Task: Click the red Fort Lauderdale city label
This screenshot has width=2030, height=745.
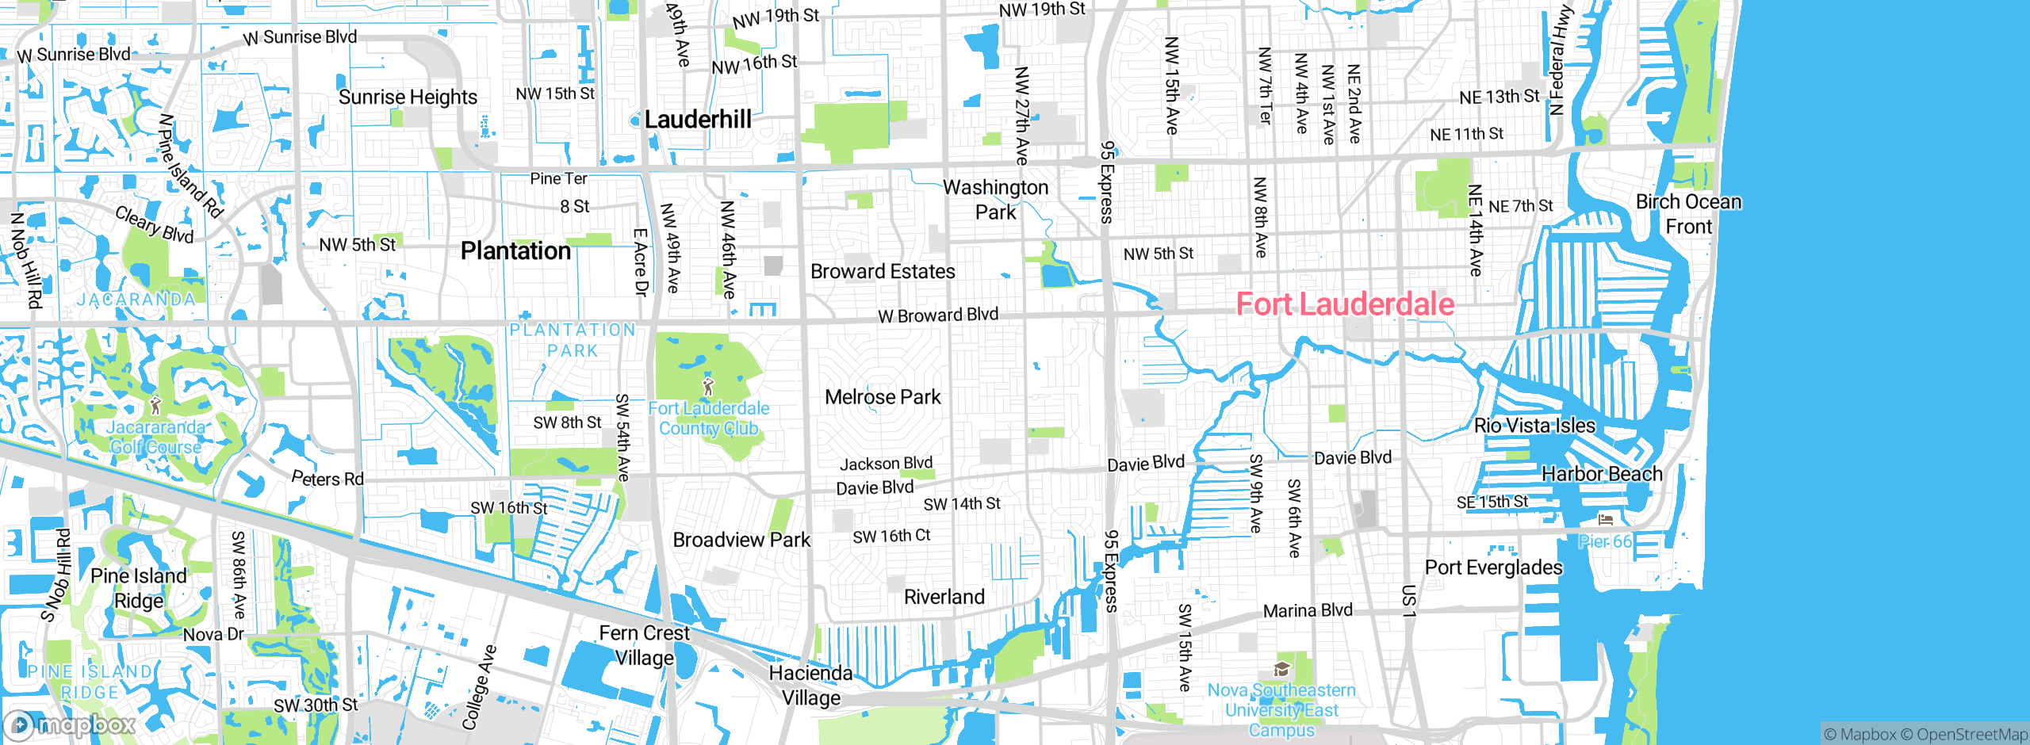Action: coord(1345,304)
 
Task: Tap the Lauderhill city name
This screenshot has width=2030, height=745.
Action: coord(698,120)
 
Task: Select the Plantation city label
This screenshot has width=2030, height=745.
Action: coord(515,251)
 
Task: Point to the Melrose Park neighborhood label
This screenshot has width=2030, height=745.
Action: coord(883,397)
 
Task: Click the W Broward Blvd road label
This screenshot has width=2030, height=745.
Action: coord(938,315)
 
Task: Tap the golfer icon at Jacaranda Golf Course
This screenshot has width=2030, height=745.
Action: coord(155,406)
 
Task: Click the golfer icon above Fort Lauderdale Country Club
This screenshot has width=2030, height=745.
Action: coord(708,387)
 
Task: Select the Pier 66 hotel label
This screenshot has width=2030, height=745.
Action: coord(1605,541)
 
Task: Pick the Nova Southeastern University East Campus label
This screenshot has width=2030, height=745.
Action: coord(1281,710)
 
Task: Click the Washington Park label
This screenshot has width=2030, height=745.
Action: coord(995,200)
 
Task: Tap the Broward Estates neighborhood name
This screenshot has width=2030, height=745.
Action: coord(883,272)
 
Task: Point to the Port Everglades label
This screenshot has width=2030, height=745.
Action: coord(1493,567)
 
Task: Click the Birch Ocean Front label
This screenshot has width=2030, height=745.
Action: coord(1689,214)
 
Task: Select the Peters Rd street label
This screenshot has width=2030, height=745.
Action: coord(327,479)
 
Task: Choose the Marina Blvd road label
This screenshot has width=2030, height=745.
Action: coord(1308,611)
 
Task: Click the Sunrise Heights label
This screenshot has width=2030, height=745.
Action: coord(408,97)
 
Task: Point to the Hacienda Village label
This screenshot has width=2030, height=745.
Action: coord(810,686)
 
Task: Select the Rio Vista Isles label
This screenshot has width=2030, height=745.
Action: coord(1534,426)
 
